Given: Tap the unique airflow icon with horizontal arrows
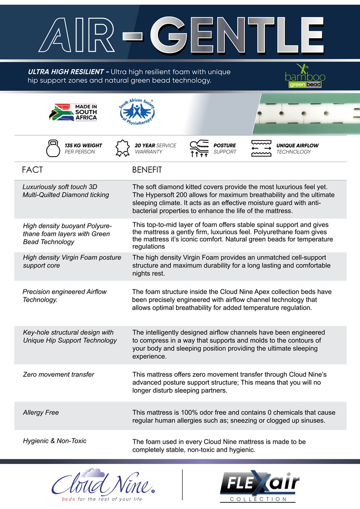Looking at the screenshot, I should [261, 149].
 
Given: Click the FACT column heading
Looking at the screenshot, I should [32, 170].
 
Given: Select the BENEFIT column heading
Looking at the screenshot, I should [147, 170].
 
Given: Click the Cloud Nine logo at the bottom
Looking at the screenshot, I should [104, 484].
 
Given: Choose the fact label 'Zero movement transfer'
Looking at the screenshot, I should [58, 374].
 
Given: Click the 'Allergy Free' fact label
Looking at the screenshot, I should [41, 412].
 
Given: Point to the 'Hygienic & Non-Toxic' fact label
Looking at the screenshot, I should [54, 441].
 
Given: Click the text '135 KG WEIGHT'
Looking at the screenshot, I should [83, 146].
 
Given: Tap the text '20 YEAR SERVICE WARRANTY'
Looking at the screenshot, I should [155, 149].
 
